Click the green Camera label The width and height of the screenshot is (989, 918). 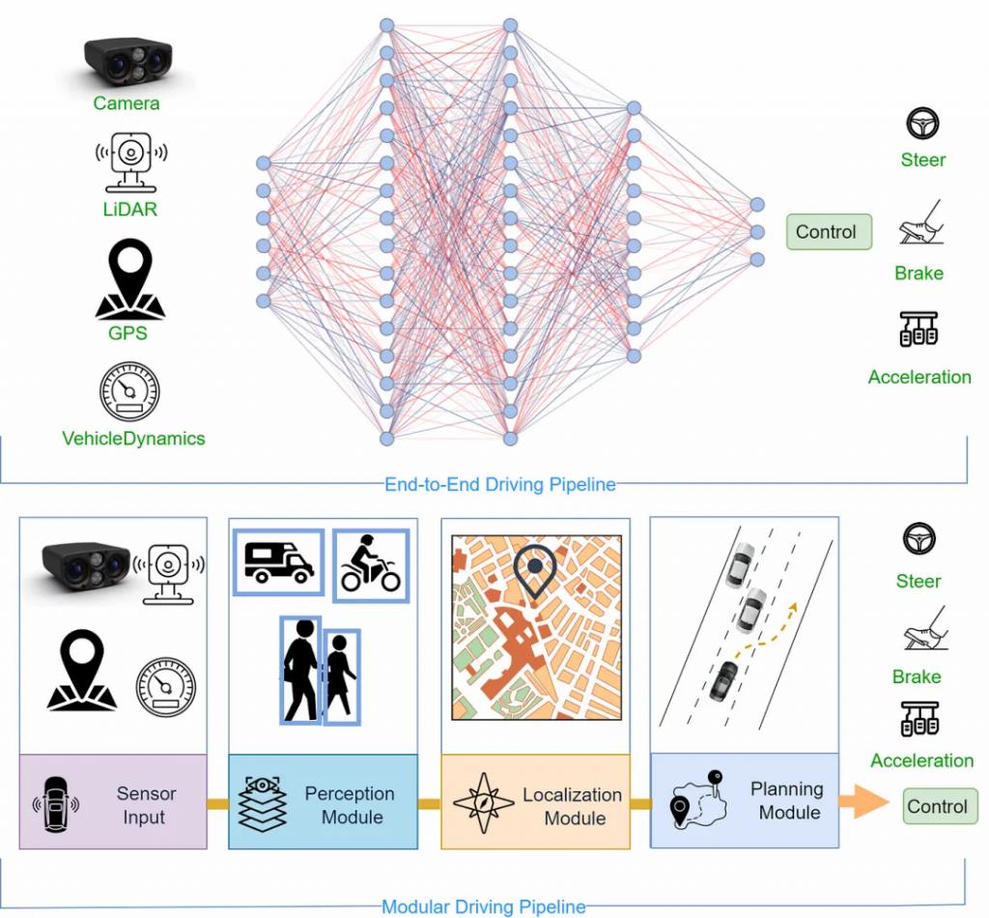(127, 103)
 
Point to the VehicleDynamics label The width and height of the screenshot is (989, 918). (133, 439)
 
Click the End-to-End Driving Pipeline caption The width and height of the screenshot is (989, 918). (499, 484)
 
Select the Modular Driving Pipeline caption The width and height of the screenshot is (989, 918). (484, 906)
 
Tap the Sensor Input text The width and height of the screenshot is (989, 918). (147, 806)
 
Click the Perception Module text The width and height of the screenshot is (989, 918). (350, 806)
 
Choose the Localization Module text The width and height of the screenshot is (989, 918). (573, 807)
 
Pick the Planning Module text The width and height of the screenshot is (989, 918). (787, 801)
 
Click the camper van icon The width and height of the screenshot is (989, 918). (279, 561)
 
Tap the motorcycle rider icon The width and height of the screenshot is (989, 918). (371, 563)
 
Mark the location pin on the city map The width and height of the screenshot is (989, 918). (534, 571)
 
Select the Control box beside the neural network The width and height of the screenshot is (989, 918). (827, 232)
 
